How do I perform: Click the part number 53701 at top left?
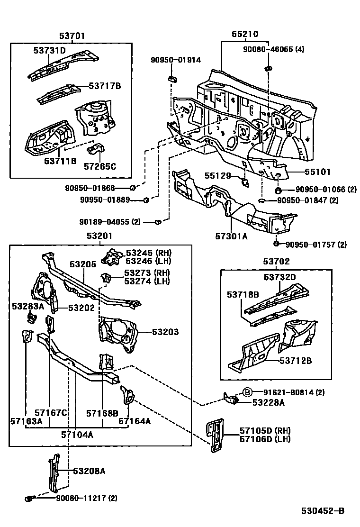click(x=72, y=36)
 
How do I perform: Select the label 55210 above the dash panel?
click(x=244, y=35)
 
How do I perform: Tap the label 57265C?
click(x=100, y=166)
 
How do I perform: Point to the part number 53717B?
click(x=105, y=86)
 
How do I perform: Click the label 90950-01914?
click(x=176, y=60)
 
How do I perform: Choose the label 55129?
click(x=217, y=176)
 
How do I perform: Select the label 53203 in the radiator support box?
click(x=165, y=332)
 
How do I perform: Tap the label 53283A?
click(x=28, y=306)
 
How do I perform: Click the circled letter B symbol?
click(x=247, y=392)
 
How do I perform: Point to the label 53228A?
click(x=269, y=402)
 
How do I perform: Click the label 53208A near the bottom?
click(x=89, y=471)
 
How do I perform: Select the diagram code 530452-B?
click(x=324, y=511)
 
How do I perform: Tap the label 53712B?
click(x=295, y=361)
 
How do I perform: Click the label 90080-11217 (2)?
click(x=87, y=498)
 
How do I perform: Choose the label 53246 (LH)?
click(x=148, y=261)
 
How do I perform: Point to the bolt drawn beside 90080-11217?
click(x=30, y=498)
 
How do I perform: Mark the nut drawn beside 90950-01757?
click(x=276, y=244)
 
